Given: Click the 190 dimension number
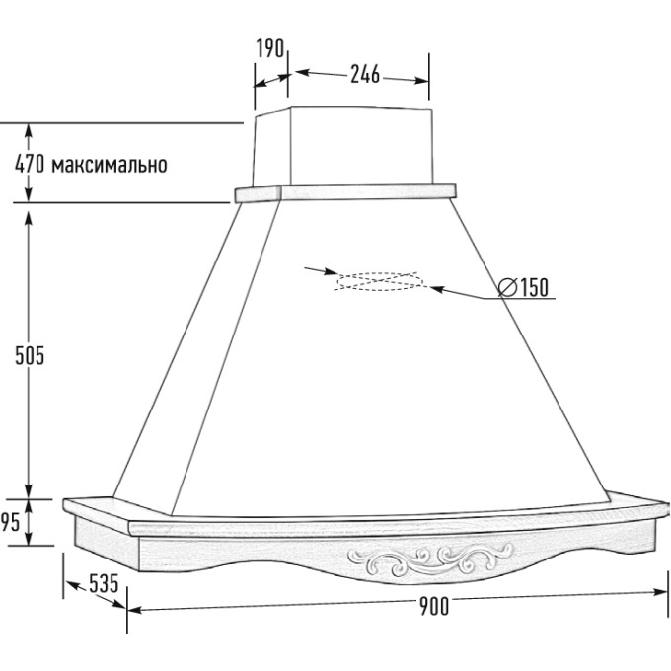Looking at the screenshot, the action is [270, 48].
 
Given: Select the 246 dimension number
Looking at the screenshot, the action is [365, 74].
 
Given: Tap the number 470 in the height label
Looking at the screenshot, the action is [30, 164].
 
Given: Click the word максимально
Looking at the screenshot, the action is [110, 165].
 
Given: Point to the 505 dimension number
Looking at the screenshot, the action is [30, 356].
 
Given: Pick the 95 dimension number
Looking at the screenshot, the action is [10, 522].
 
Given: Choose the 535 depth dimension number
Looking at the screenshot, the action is [104, 584].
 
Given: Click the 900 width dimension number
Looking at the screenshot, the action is [434, 606].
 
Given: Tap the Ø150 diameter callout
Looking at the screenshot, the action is [523, 287].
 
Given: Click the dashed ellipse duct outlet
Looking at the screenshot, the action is [380, 274].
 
